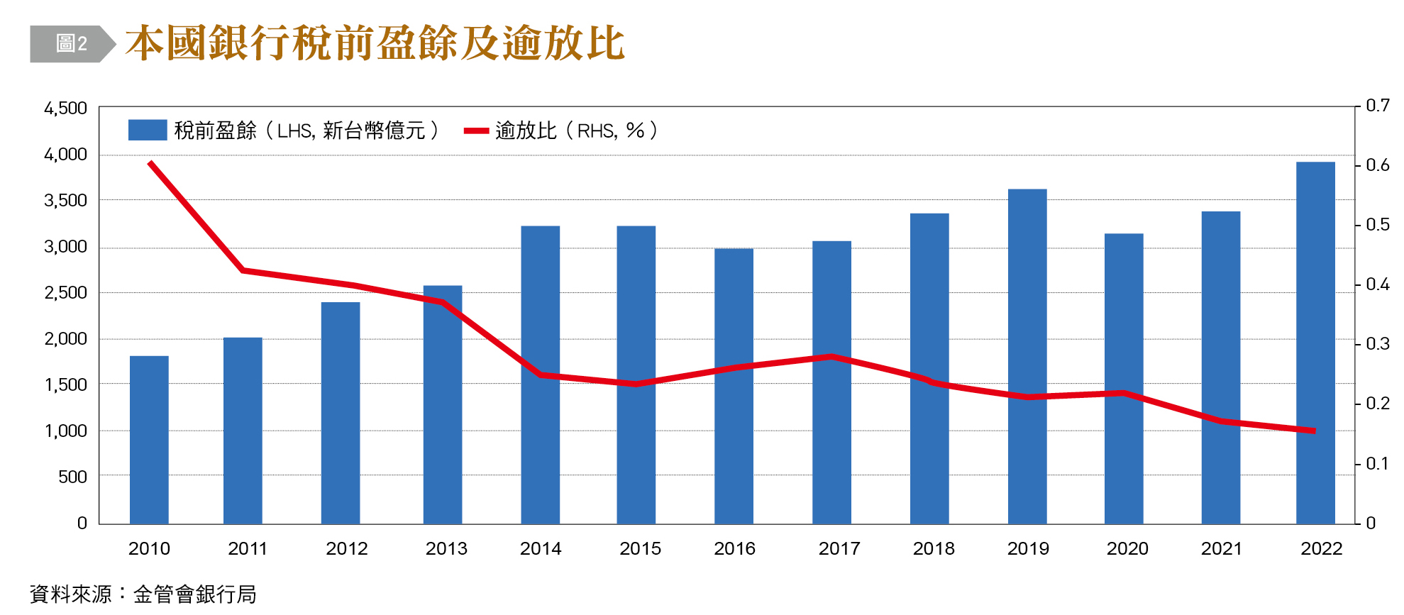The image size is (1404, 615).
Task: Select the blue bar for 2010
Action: [x=149, y=440]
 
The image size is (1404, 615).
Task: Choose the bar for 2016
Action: [x=734, y=386]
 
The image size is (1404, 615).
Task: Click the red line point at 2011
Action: [x=243, y=270]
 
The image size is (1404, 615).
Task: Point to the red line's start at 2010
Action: [x=150, y=163]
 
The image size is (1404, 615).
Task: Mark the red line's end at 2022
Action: [x=1315, y=431]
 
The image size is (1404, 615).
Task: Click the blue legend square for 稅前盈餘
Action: [x=147, y=130]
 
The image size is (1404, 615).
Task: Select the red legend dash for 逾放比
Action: [x=476, y=131]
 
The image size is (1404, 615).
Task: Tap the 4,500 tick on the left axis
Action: [x=65, y=109]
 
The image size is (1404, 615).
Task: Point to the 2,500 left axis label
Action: [x=65, y=293]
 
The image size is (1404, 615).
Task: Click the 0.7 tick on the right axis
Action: [x=1377, y=106]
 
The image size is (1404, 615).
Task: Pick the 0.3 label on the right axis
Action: [x=1377, y=344]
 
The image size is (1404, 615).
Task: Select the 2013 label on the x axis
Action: [x=446, y=548]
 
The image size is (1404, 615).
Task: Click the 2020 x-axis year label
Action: [x=1127, y=548]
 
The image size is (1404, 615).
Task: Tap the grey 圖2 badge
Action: [x=72, y=44]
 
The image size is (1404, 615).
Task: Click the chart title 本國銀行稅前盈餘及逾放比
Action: [x=375, y=43]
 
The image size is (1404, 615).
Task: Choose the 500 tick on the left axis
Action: [x=72, y=477]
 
